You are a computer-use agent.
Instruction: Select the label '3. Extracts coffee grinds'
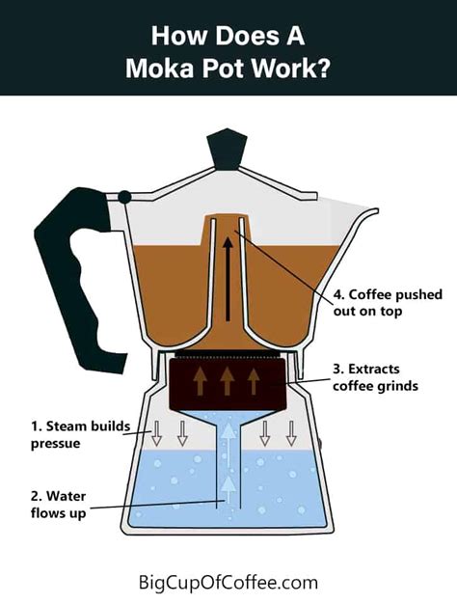point(371,378)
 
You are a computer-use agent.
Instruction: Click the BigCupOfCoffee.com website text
point(228,582)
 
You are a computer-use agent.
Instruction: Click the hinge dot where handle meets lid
point(123,197)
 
